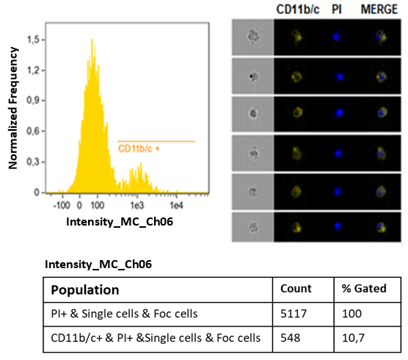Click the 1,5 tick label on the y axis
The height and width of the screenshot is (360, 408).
[x=33, y=40]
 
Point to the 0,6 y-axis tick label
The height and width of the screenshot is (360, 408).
[x=33, y=131]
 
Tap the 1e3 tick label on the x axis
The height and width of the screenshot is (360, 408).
[x=137, y=206]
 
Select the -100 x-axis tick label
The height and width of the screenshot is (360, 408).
[x=62, y=206]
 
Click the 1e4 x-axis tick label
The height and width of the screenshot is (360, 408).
[x=176, y=206]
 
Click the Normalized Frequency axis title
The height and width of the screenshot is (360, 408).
[x=13, y=108]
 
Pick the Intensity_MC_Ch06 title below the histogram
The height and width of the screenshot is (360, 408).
[x=120, y=222]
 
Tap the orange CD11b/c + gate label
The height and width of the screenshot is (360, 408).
[x=139, y=148]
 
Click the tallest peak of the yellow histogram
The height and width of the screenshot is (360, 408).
[x=92, y=39]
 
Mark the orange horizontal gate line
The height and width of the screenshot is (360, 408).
[x=156, y=142]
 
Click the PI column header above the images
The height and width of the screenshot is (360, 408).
[x=336, y=10]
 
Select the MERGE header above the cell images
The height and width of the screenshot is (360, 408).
[x=379, y=10]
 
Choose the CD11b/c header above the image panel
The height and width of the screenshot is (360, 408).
[x=298, y=10]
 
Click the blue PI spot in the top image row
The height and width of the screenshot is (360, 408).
[x=336, y=37]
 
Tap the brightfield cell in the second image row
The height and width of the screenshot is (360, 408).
[x=253, y=76]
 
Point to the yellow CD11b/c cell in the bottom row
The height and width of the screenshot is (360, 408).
[x=297, y=227]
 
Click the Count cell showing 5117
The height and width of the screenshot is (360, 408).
[x=294, y=314]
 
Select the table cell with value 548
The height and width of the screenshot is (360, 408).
[x=290, y=338]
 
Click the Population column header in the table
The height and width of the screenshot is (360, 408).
[x=85, y=290]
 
